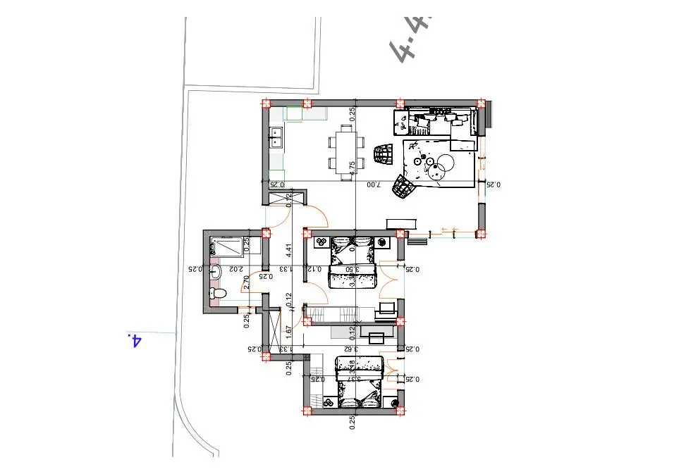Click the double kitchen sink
(276, 137)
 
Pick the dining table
(345, 151)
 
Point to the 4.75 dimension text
(352, 168)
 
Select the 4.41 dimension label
(288, 250)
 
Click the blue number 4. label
(134, 341)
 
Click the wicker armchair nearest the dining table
(382, 154)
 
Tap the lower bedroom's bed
(360, 382)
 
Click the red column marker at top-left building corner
(266, 104)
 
